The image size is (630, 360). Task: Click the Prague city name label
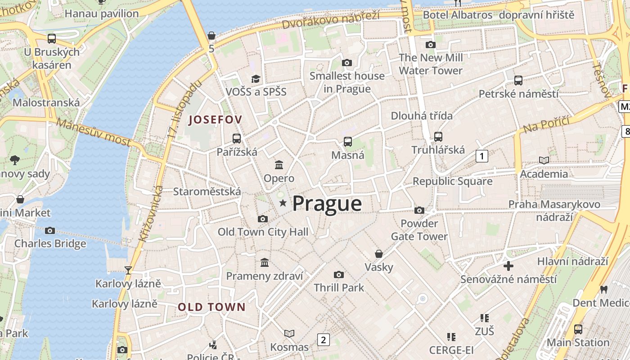[x=327, y=203]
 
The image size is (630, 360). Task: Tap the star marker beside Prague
[x=283, y=203]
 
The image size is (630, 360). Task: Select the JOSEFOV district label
[x=216, y=120]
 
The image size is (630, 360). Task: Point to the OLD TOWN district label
[x=211, y=307]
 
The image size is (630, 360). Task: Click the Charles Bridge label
[x=50, y=243]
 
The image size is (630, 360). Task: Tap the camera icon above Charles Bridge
[x=50, y=231]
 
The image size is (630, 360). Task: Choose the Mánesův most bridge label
[x=94, y=132]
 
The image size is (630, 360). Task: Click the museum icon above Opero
[x=279, y=165]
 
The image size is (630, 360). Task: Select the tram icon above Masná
[x=348, y=142]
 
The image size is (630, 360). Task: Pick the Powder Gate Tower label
[x=419, y=230]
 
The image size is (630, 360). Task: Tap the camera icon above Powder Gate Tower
[x=419, y=210]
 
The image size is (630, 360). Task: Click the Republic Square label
[x=452, y=181]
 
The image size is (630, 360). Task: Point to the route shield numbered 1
[x=482, y=156]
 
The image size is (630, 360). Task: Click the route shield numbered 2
[x=323, y=340]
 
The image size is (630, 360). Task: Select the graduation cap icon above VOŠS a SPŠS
[x=256, y=79]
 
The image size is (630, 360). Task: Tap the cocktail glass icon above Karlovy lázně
[x=128, y=270]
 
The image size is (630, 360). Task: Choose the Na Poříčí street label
[x=546, y=124]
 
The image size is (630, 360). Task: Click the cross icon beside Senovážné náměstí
[x=508, y=266]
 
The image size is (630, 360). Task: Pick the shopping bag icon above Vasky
[x=379, y=254]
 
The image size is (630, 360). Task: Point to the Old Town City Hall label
[x=263, y=232]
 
